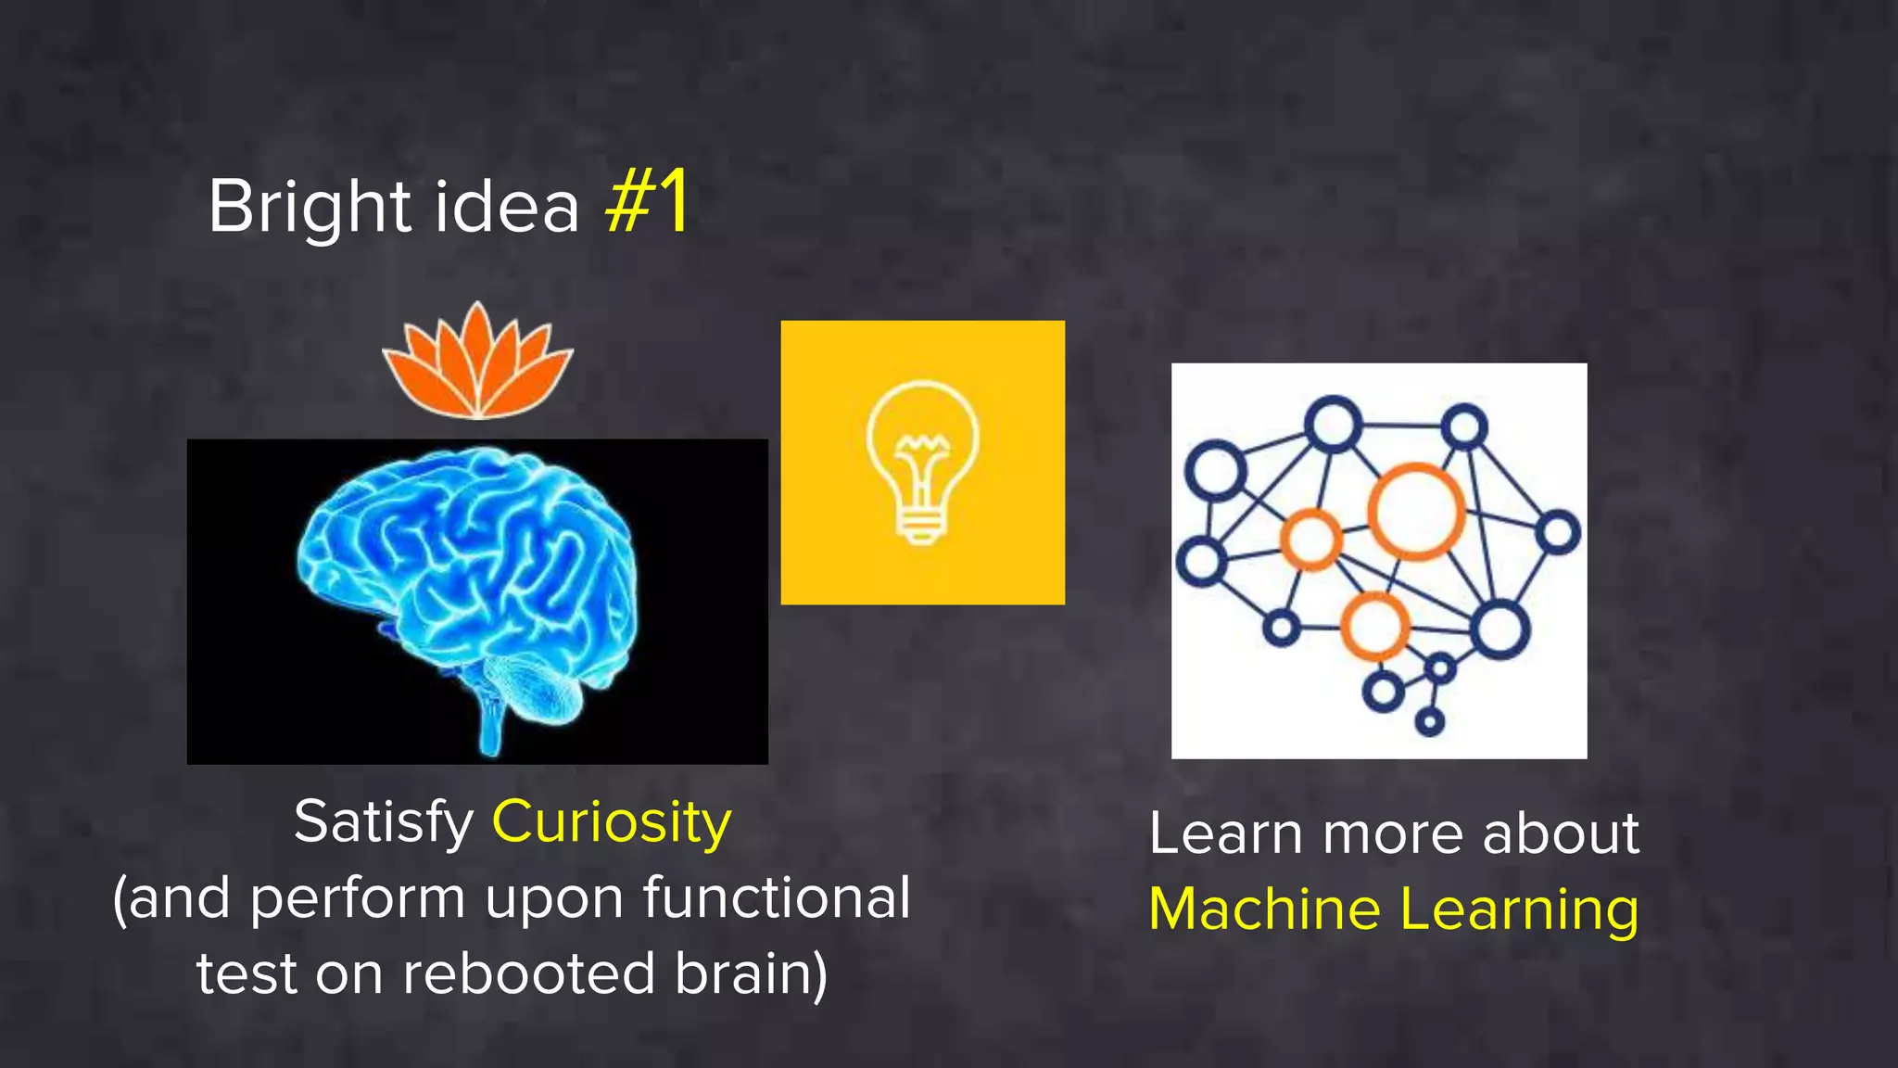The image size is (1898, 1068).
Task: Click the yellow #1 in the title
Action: coord(647,202)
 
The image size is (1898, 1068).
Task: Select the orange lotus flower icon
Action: coord(477,362)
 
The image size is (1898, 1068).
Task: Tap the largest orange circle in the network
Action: coord(1415,511)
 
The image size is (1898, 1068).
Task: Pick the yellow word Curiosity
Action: coord(612,823)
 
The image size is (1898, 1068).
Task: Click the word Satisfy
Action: coord(384,823)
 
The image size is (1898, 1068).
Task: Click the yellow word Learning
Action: coord(1520,910)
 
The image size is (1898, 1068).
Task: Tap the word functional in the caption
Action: coord(777,897)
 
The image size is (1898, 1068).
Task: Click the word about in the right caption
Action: coord(1561,833)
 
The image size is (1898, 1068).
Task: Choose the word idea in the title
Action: coord(507,206)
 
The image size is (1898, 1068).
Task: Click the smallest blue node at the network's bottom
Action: coord(1430,721)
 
